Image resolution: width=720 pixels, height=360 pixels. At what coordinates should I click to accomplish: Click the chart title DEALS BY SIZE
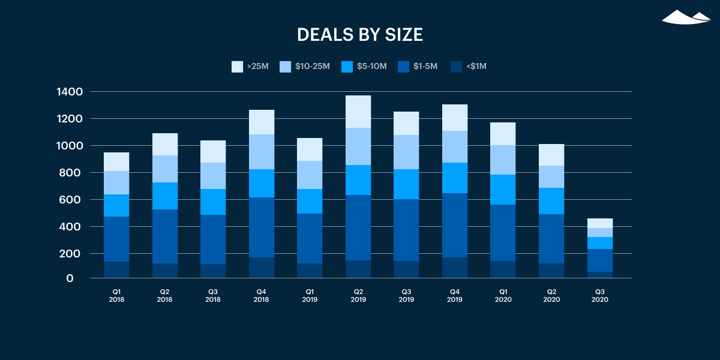pyautogui.click(x=360, y=35)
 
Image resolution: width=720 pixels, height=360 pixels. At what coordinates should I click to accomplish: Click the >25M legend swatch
pyautogui.click(x=237, y=67)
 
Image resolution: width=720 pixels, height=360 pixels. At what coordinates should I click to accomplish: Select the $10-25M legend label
pyautogui.click(x=312, y=67)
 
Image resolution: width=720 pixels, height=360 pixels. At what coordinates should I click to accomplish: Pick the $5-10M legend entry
pyautogui.click(x=364, y=67)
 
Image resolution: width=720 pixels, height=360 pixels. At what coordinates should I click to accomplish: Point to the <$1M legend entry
pyautogui.click(x=468, y=67)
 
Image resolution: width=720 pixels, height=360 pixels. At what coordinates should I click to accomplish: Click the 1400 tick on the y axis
pyautogui.click(x=70, y=92)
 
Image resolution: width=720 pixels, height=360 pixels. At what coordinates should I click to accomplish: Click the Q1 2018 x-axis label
pyautogui.click(x=116, y=295)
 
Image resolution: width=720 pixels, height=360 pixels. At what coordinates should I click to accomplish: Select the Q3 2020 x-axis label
pyautogui.click(x=599, y=295)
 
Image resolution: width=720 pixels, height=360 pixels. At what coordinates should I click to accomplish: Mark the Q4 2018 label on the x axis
pyautogui.click(x=261, y=295)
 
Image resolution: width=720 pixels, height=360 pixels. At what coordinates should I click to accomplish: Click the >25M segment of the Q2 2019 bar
pyautogui.click(x=358, y=112)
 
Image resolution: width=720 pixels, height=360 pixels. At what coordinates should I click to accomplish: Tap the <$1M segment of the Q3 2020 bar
pyautogui.click(x=599, y=275)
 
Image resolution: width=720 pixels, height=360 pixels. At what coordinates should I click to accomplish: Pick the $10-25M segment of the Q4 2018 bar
pyautogui.click(x=261, y=152)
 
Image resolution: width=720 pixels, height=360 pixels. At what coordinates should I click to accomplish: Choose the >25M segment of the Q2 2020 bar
pyautogui.click(x=551, y=155)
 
